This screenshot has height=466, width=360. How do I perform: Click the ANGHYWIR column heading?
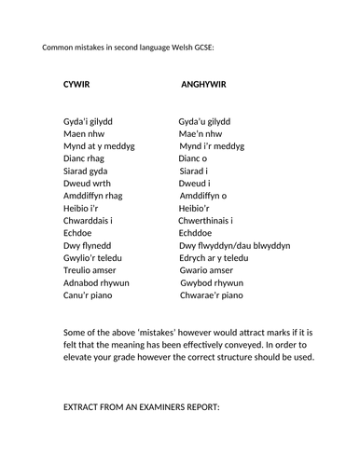click(x=203, y=85)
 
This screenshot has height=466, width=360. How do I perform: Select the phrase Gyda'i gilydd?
click(x=91, y=121)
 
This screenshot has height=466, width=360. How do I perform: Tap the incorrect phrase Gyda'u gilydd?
click(x=205, y=121)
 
